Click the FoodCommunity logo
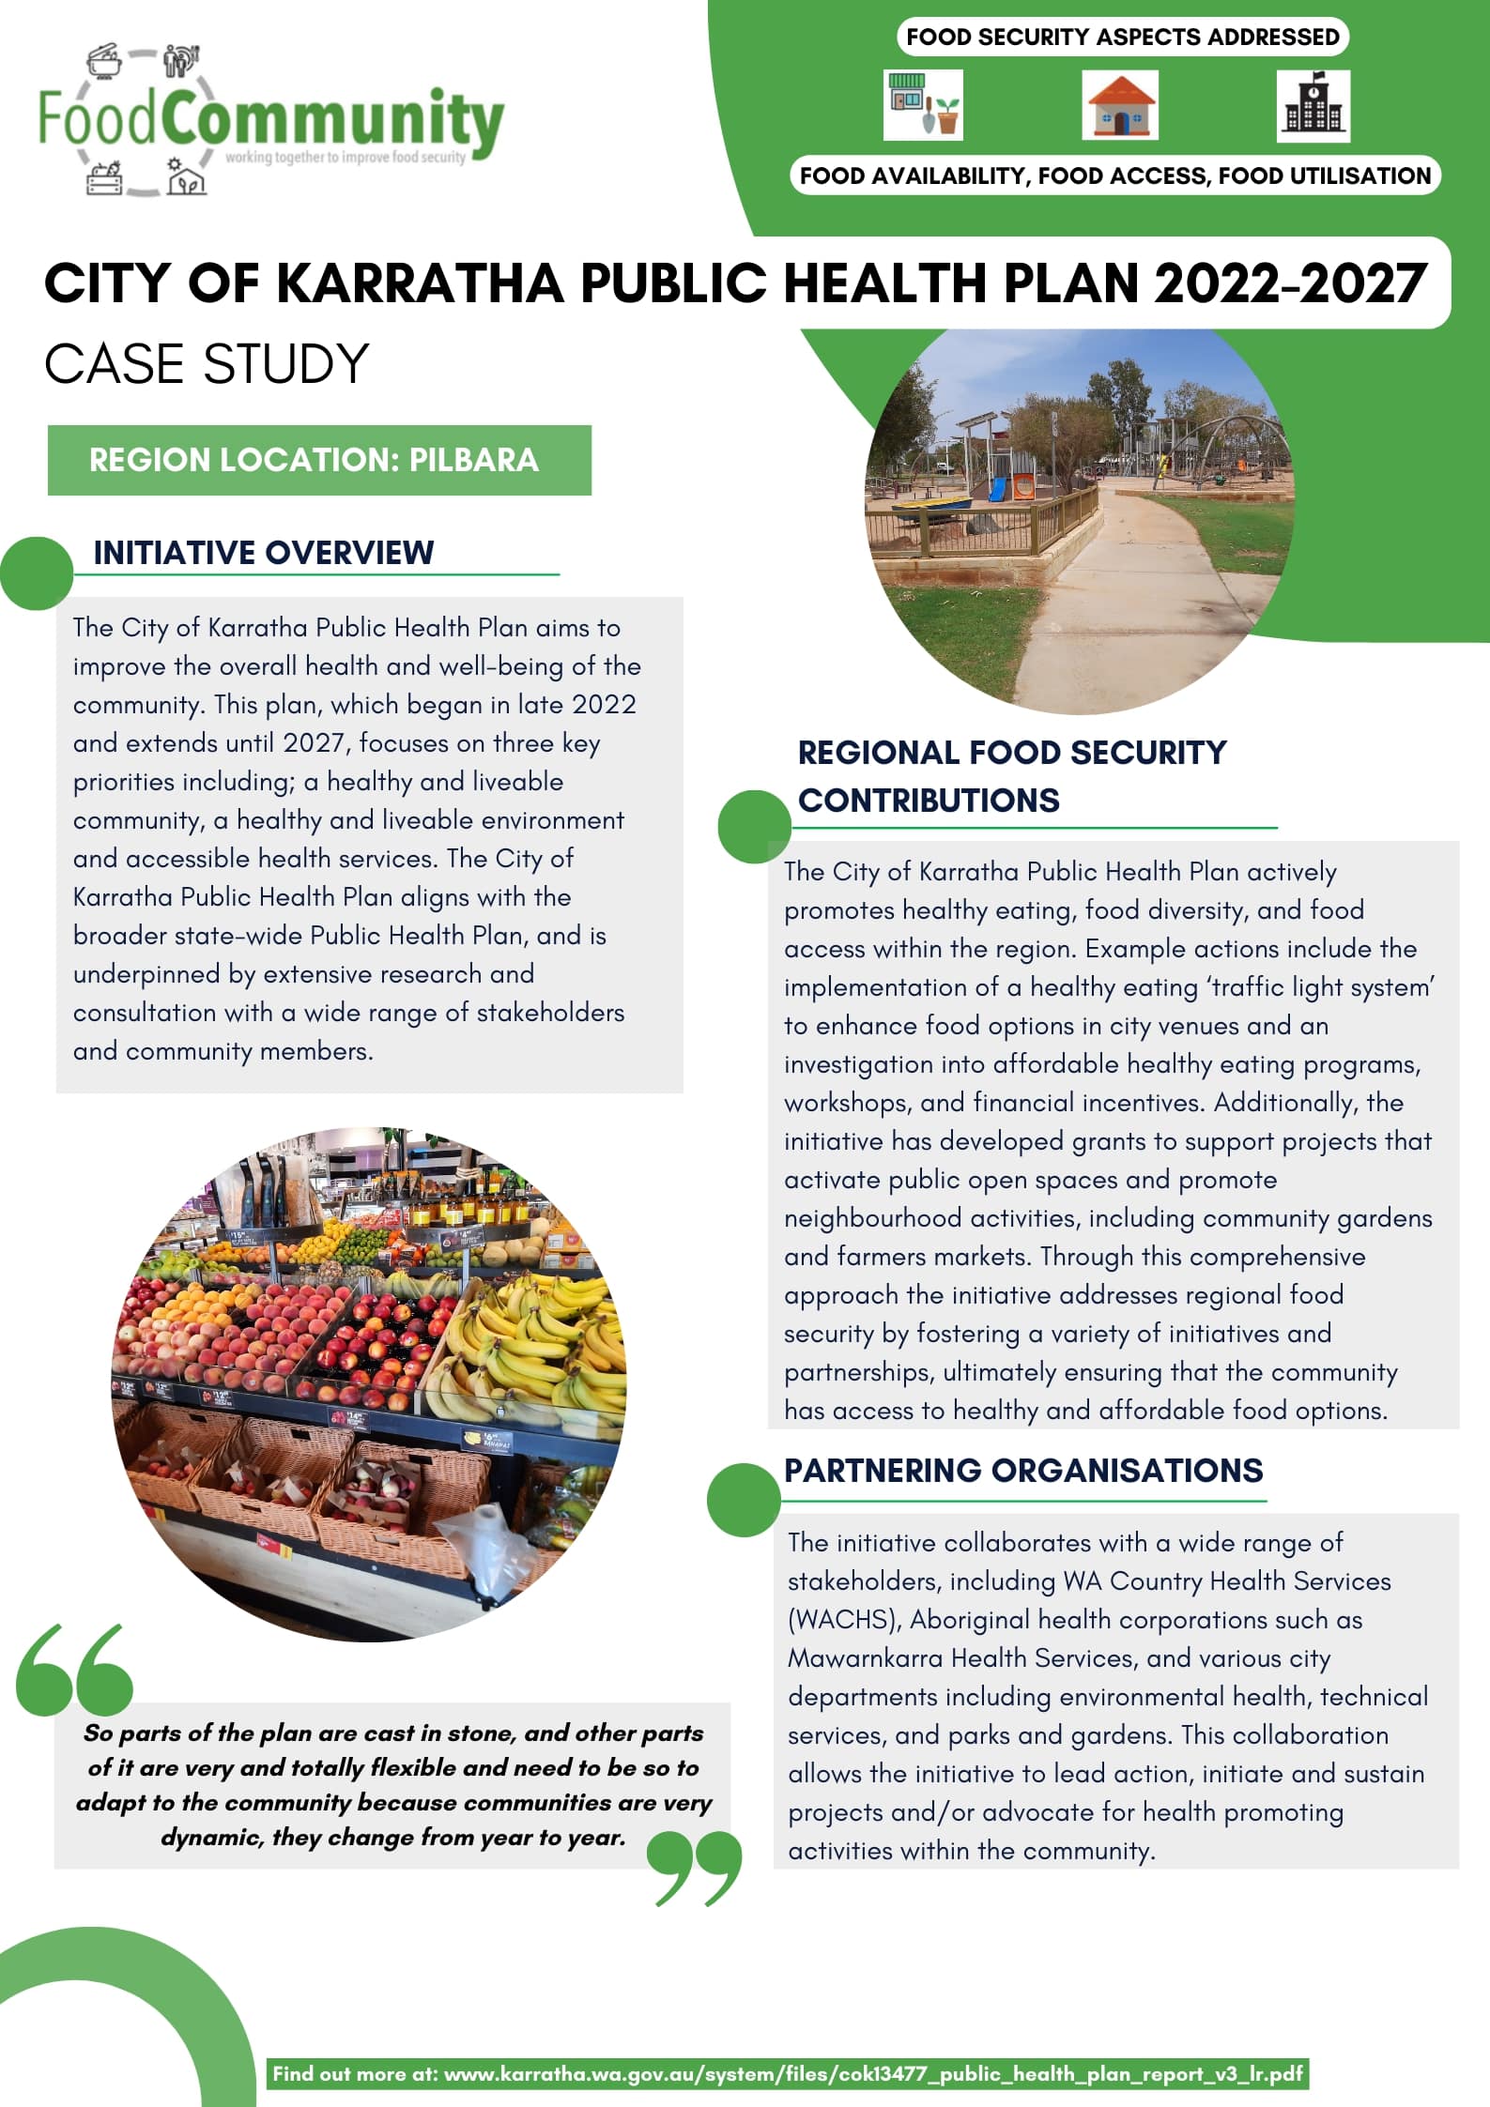click(x=270, y=120)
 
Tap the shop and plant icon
click(x=923, y=105)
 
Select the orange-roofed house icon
click(x=1119, y=105)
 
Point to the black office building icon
click(x=1313, y=106)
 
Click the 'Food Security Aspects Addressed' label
click(x=1122, y=38)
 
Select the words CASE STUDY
click(x=207, y=364)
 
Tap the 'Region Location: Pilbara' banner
click(x=319, y=460)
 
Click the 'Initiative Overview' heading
click(x=263, y=553)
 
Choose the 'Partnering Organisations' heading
click(x=1023, y=1471)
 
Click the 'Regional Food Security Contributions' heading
click(x=1011, y=776)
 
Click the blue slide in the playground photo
click(x=996, y=489)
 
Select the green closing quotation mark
click(x=696, y=1868)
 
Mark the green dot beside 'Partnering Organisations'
click(x=743, y=1500)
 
